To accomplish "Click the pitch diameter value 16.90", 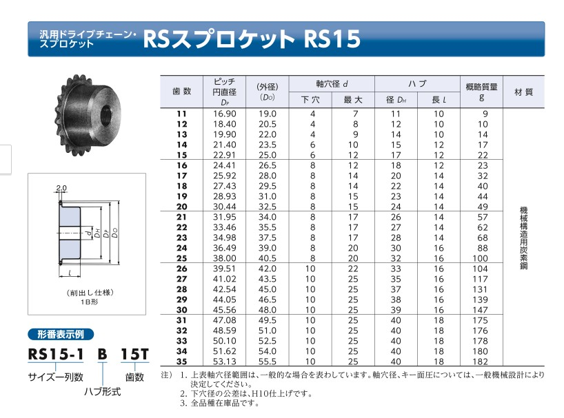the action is [225, 114].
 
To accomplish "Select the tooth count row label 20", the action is [181, 207].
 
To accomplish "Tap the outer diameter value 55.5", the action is [268, 362].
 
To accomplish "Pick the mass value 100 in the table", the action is [480, 258].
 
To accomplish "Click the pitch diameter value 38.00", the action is [225, 258].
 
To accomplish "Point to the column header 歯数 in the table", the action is [181, 91].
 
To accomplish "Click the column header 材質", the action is [524, 92].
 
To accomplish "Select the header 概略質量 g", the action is [482, 92].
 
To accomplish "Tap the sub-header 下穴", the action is [310, 100].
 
